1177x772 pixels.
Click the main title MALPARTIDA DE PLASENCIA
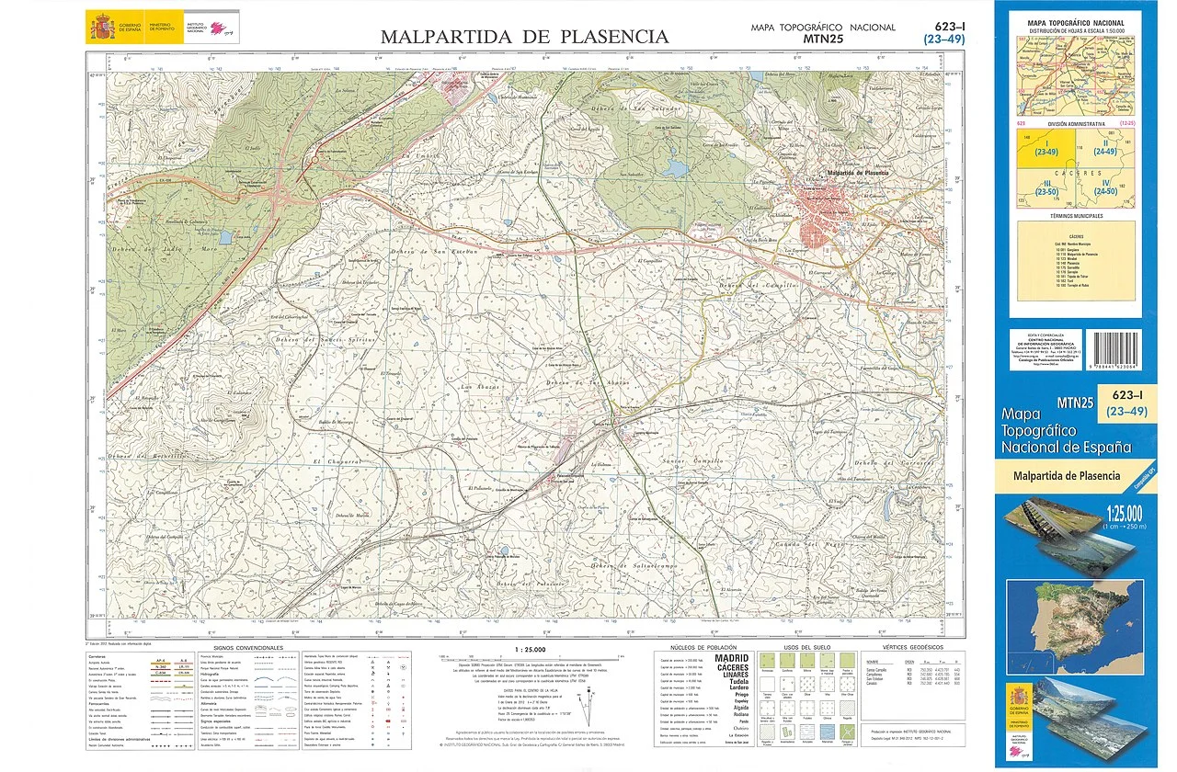[x=524, y=37]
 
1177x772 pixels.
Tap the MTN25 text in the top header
[x=822, y=40]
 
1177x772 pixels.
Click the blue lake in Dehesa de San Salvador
[x=676, y=169]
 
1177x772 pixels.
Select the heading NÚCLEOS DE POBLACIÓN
[x=703, y=648]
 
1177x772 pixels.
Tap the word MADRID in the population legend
[x=732, y=658]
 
